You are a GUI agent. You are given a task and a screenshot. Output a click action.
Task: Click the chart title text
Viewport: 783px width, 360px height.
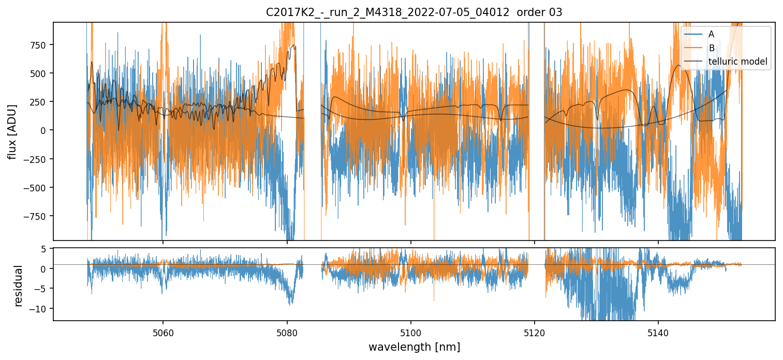point(414,12)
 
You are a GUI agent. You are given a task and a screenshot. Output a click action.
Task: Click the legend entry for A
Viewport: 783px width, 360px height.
point(711,34)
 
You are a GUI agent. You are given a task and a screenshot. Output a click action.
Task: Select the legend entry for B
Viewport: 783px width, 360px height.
point(711,48)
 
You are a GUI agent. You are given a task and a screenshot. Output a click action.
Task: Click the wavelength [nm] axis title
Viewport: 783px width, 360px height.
point(414,347)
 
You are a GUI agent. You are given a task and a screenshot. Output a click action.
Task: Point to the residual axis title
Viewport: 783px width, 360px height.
point(19,285)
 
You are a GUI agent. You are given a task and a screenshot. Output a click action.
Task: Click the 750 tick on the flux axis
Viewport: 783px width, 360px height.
point(39,44)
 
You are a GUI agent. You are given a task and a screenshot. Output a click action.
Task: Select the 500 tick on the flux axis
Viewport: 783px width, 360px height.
point(39,73)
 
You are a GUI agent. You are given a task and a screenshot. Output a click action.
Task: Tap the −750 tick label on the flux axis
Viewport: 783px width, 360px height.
point(36,216)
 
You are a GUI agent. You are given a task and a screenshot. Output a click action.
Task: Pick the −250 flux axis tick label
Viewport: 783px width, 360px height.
point(36,159)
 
